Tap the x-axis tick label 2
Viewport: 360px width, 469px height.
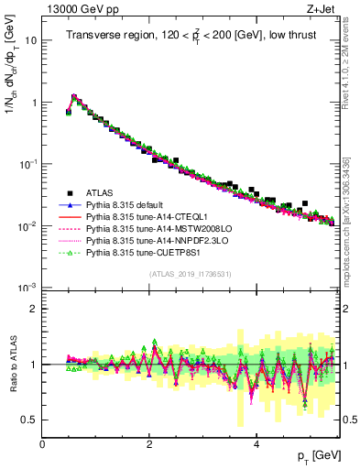(149, 443)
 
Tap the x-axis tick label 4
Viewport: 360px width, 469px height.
(256, 443)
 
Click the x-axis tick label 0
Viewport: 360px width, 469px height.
(42, 443)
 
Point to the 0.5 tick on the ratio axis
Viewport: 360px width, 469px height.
(28, 420)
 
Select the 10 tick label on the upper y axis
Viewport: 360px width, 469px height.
(30, 41)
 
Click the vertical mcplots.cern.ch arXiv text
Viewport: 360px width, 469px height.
(347, 220)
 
